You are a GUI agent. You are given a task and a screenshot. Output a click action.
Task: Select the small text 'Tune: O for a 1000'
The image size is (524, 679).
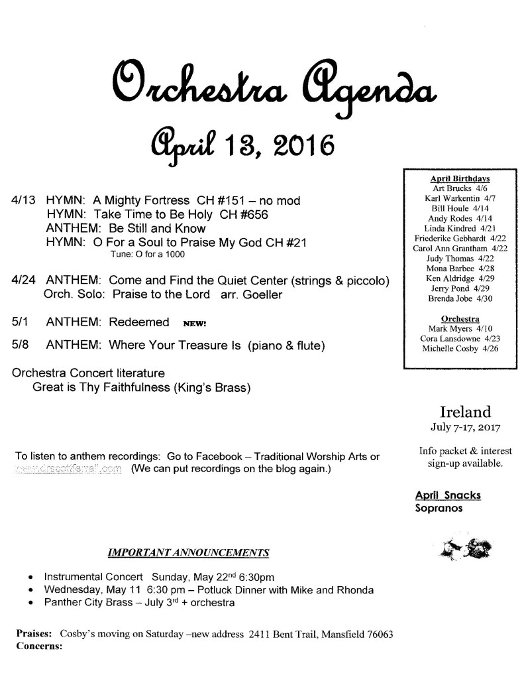147,255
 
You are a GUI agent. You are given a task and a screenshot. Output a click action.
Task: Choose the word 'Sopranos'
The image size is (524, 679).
437,509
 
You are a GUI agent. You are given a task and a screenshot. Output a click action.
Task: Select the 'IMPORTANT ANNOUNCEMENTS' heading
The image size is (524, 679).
188,552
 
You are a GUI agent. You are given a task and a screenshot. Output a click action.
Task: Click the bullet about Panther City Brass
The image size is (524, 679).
138,603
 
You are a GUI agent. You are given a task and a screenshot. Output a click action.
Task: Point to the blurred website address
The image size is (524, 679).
66,470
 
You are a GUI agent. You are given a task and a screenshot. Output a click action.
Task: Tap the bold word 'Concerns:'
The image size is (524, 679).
39,645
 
